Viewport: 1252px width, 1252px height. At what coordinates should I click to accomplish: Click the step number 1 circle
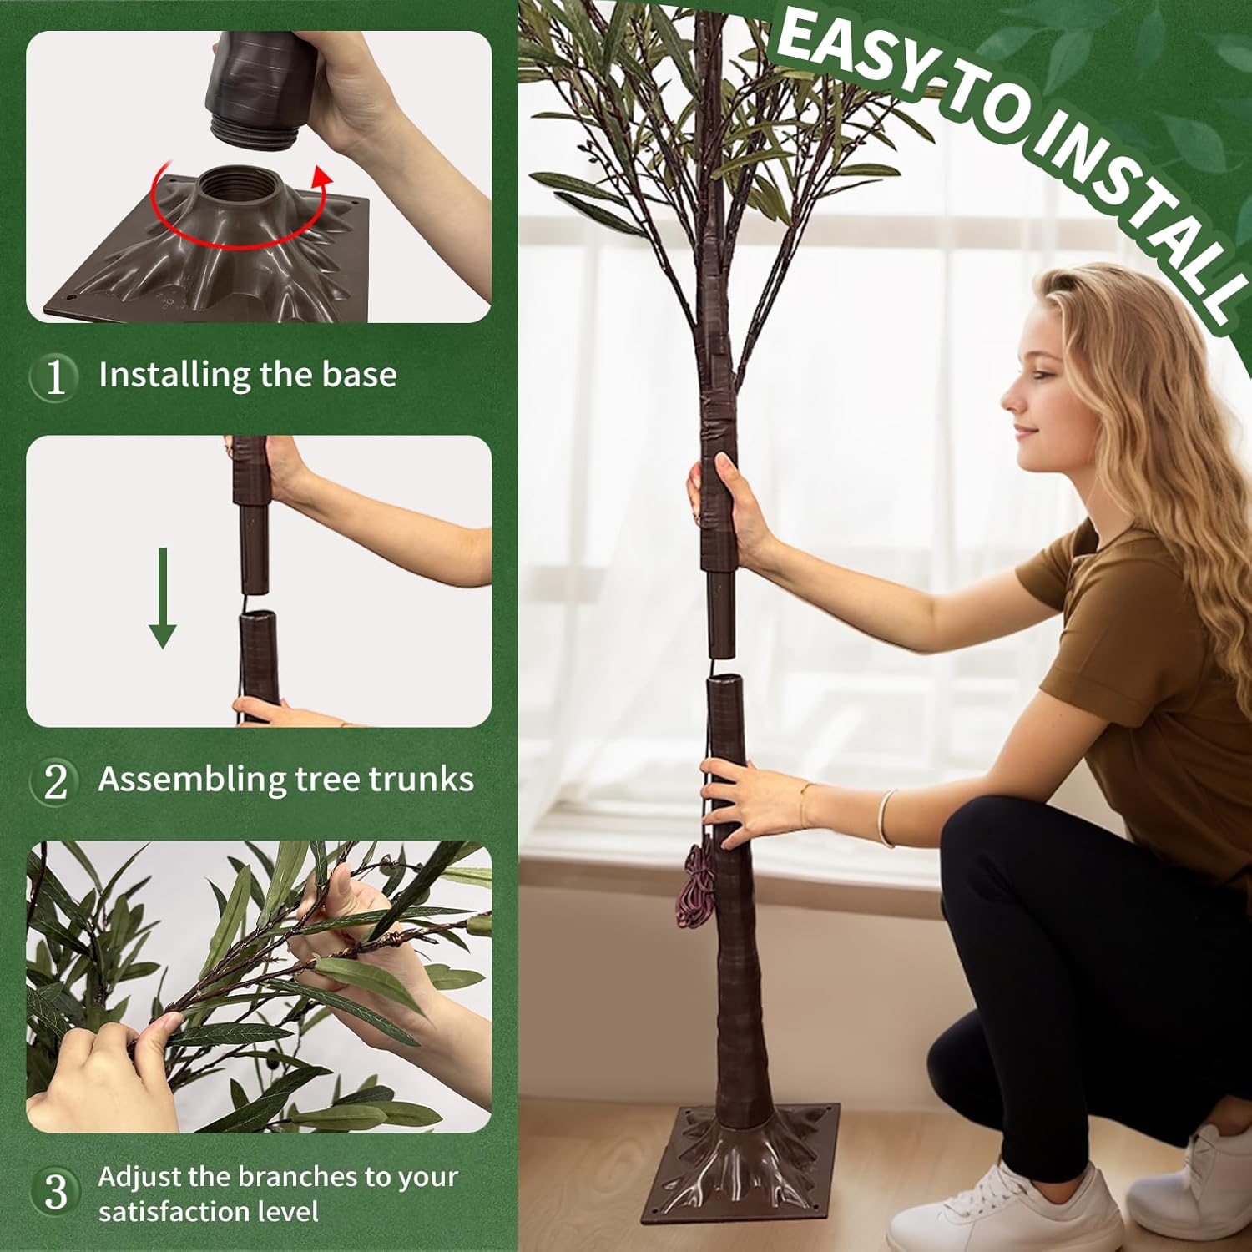point(55,376)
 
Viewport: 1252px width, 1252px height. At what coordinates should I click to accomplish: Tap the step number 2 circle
point(55,781)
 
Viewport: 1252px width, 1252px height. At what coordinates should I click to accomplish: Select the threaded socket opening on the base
point(231,182)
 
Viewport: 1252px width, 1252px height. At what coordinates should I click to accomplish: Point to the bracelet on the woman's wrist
point(886,818)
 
